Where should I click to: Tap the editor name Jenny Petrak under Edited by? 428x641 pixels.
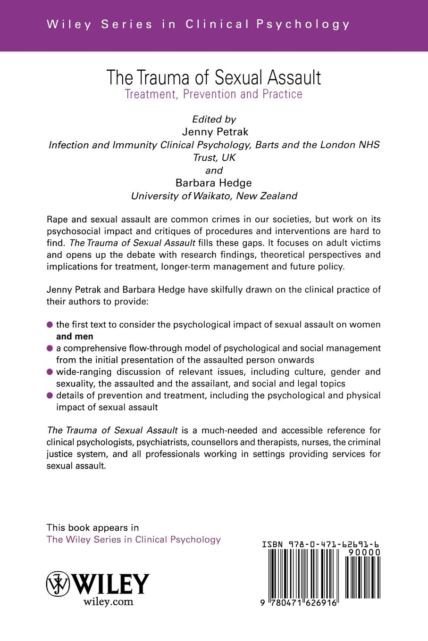point(215,132)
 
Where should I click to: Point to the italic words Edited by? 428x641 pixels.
point(214,119)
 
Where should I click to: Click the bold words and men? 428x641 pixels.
point(75,336)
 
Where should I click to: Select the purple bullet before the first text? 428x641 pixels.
point(50,325)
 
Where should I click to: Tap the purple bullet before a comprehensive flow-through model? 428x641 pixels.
point(50,348)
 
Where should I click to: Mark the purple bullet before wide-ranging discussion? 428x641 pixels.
point(50,372)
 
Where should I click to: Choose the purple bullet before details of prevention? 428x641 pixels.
point(50,395)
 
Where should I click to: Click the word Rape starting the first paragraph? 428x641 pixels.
point(57,219)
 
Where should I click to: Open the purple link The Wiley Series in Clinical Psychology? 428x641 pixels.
point(134,540)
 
